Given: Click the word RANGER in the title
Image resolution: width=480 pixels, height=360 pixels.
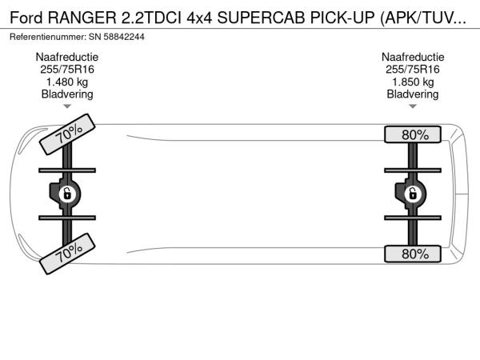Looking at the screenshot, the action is pyautogui.click(x=82, y=18).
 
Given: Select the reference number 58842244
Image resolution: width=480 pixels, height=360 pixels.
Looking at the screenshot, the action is pyautogui.click(x=124, y=37).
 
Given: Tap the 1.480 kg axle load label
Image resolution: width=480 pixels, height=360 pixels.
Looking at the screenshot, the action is pyautogui.click(x=67, y=82).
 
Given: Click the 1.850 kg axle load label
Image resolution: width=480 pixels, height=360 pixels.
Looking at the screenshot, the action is pyautogui.click(x=413, y=82).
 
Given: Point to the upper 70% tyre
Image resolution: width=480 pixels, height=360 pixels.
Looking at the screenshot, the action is pyautogui.click(x=67, y=134).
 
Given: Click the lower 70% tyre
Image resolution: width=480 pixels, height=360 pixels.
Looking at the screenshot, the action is pyautogui.click(x=67, y=254).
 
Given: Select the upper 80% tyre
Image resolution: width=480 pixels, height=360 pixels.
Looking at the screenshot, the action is pyautogui.click(x=413, y=134).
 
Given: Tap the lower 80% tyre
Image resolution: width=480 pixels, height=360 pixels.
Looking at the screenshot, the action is pyautogui.click(x=413, y=254).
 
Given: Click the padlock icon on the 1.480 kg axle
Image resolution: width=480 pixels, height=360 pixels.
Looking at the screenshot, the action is pyautogui.click(x=67, y=194).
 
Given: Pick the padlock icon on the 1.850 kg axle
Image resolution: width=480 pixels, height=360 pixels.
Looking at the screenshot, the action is pyautogui.click(x=413, y=194).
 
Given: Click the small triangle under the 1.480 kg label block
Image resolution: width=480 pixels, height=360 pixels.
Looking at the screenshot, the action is pyautogui.click(x=67, y=106).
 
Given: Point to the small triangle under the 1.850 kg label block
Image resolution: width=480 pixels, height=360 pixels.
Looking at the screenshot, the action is pyautogui.click(x=413, y=106).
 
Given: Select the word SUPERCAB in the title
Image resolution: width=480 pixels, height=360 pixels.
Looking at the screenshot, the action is pyautogui.click(x=261, y=18).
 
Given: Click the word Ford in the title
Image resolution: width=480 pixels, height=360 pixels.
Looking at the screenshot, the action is pyautogui.click(x=26, y=18).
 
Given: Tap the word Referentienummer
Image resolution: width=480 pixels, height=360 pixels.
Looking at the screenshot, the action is pyautogui.click(x=48, y=37).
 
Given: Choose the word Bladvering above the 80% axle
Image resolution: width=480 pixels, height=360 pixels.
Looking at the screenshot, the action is pyautogui.click(x=413, y=94).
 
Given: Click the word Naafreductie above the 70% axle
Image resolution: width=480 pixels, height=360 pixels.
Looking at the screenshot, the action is pyautogui.click(x=67, y=57).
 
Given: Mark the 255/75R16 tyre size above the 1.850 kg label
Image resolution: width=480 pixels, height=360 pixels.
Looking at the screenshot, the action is pyautogui.click(x=413, y=70).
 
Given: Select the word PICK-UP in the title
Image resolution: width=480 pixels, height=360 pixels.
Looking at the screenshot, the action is pyautogui.click(x=342, y=18).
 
